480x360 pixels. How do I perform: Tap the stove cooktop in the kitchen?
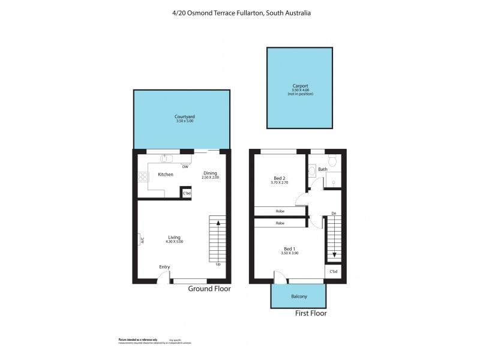coord(143,176)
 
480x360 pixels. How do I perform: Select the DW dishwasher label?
coord(185,167)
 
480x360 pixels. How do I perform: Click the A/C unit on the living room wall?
coord(142,239)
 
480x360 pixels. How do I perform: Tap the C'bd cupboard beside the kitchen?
coord(187,193)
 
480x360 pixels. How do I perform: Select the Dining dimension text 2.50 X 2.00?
coord(210,178)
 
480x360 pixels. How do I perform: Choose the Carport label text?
coord(300,86)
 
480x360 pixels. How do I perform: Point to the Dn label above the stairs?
coord(333,214)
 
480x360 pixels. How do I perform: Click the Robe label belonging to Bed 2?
coord(280,211)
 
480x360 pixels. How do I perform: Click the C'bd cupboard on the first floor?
coord(334,272)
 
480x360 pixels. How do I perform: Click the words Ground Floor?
coord(209,289)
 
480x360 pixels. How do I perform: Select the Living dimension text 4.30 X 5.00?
coord(174,241)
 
